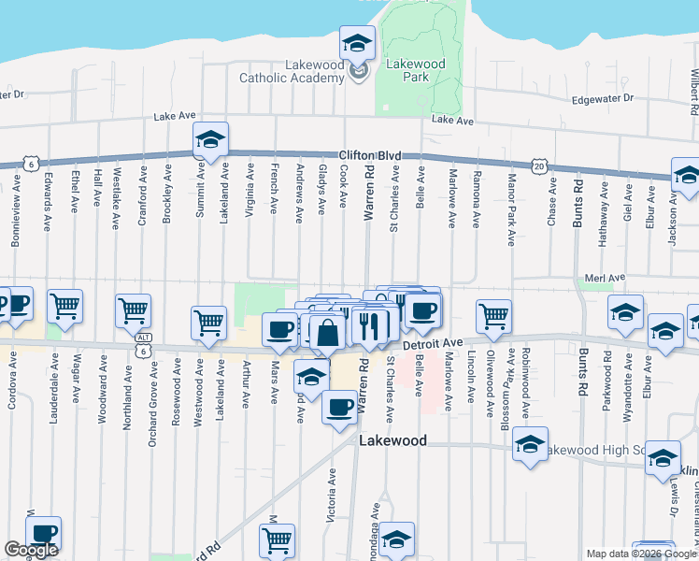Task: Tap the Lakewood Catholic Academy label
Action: [x=292, y=71]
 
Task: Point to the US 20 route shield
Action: [x=539, y=165]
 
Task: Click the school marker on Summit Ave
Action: [x=210, y=142]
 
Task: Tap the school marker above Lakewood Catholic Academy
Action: [x=357, y=44]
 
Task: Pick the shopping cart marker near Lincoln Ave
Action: [x=493, y=317]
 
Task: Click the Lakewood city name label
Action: [x=392, y=440]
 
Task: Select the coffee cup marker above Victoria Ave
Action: [x=338, y=409]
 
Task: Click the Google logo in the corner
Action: [x=30, y=550]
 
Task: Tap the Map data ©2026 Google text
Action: [x=641, y=554]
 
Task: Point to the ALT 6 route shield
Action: [x=142, y=344]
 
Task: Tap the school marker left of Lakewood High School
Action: [x=530, y=447]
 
